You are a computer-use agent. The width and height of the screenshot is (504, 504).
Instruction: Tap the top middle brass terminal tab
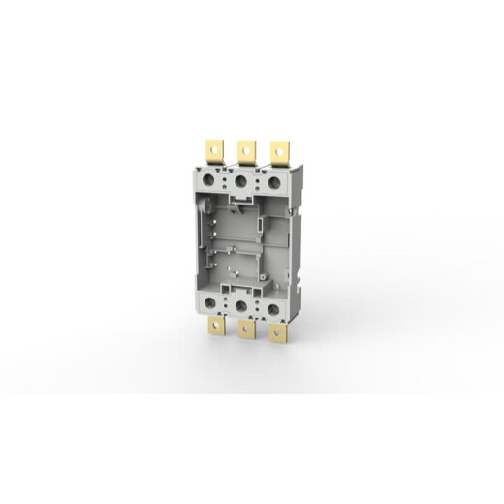[x=245, y=150]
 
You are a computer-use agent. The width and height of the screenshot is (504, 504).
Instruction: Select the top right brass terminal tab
[x=278, y=151]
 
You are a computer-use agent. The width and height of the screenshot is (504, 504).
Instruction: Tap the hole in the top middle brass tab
[x=245, y=147]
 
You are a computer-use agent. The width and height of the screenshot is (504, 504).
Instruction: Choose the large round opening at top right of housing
[x=276, y=181]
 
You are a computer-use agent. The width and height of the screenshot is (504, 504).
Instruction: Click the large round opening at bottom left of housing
[x=210, y=304]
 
